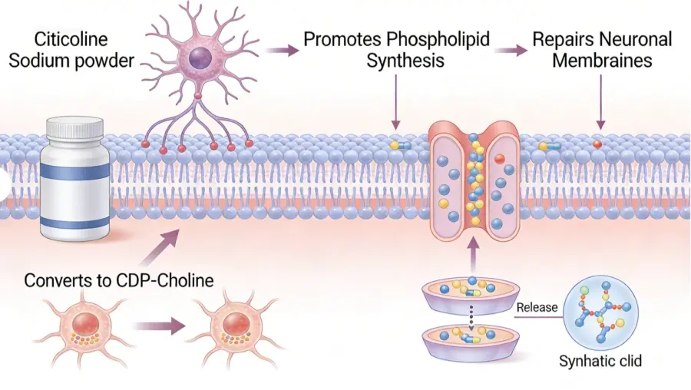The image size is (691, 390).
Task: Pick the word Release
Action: pos(537,308)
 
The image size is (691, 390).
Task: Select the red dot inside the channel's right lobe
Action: pos(499,158)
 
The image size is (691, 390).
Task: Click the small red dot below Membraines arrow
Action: pos(597,144)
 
